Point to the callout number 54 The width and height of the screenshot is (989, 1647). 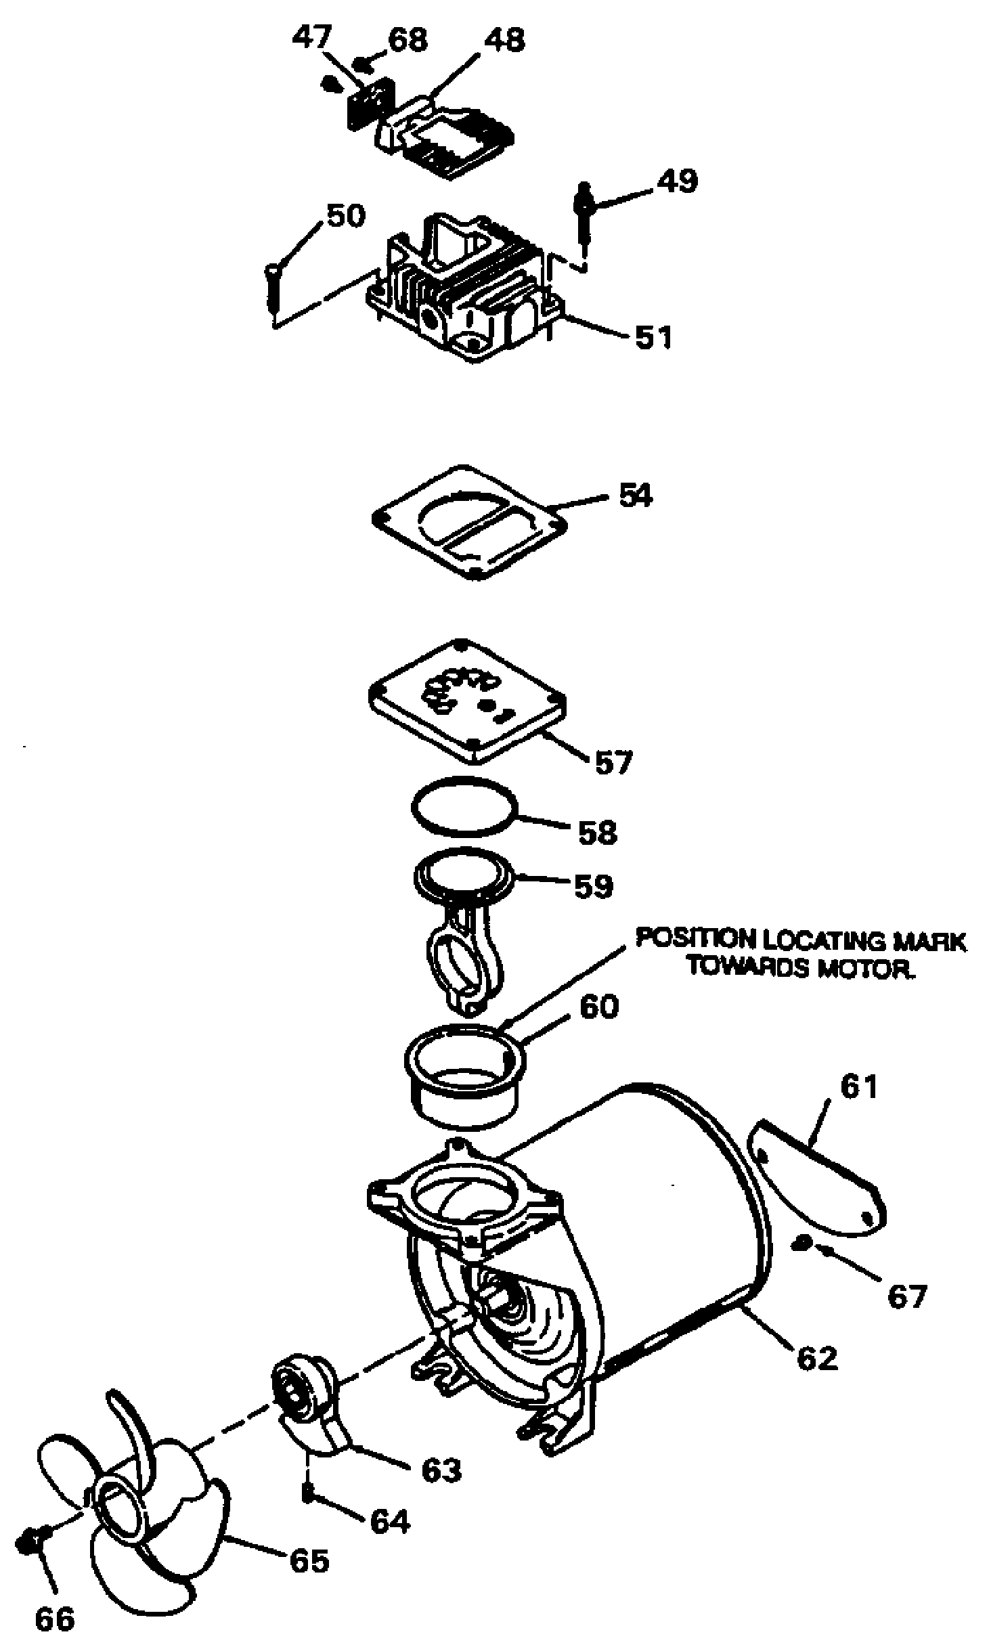(635, 496)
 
